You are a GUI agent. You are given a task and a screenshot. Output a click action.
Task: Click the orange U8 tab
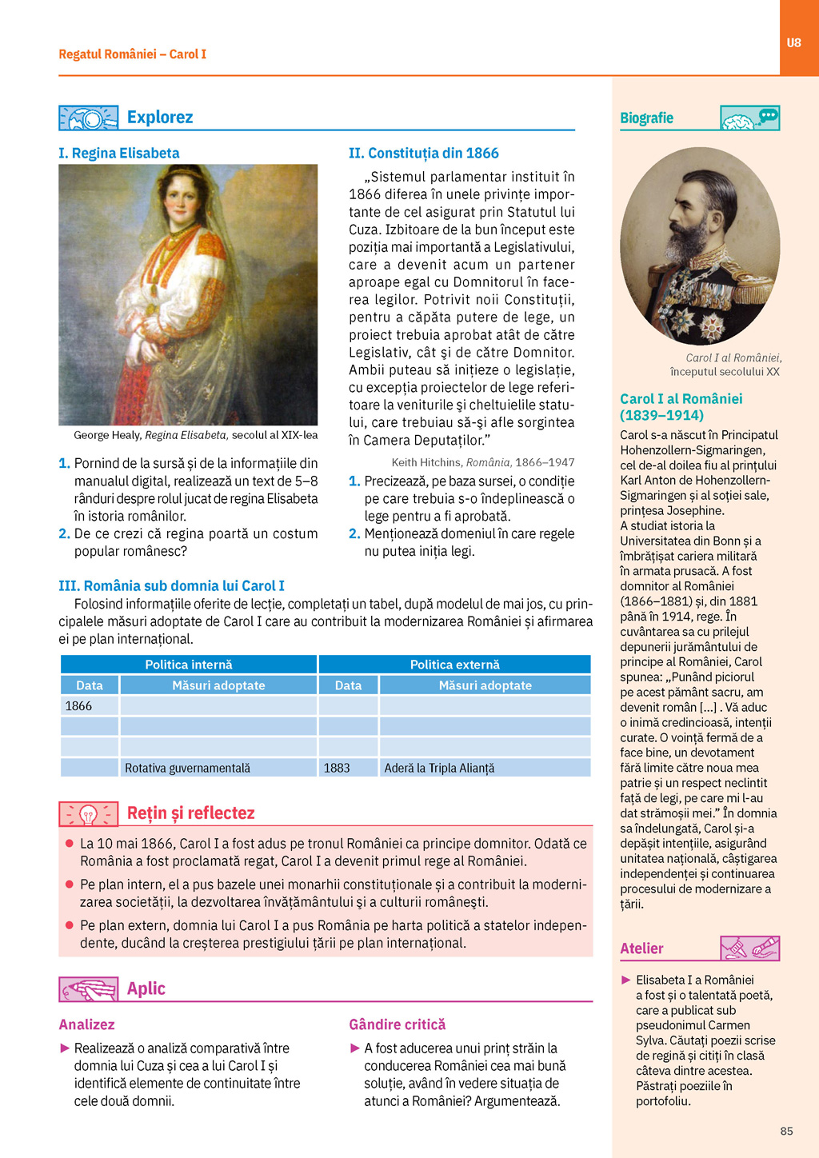point(793,42)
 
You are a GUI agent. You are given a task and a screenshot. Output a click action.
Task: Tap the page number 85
point(786,1131)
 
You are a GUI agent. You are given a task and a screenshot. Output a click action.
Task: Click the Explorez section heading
point(160,118)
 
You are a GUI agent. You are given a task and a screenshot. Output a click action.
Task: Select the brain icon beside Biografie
point(749,118)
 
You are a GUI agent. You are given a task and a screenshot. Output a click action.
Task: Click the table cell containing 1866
point(89,706)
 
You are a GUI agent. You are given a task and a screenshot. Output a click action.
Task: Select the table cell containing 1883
point(348,768)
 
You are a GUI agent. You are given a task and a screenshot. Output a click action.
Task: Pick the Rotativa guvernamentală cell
point(218,768)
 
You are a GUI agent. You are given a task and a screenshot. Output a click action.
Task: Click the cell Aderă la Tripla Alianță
point(485,768)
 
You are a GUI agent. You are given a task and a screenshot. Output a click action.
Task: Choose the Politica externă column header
point(454,665)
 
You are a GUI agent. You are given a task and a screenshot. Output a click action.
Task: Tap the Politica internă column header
point(189,665)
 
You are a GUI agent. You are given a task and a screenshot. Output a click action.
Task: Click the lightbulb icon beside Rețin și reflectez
point(89,814)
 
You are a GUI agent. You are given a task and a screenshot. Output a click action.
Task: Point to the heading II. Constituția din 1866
point(423,153)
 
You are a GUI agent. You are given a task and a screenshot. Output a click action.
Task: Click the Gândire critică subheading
point(397,1024)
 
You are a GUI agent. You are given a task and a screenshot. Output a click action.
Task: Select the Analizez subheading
point(86,1024)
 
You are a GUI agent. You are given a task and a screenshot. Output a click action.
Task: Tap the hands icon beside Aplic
point(89,989)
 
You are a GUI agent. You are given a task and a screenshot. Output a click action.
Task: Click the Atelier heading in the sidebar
point(641,948)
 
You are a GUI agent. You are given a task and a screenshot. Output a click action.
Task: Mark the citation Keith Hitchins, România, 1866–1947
point(482,462)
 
